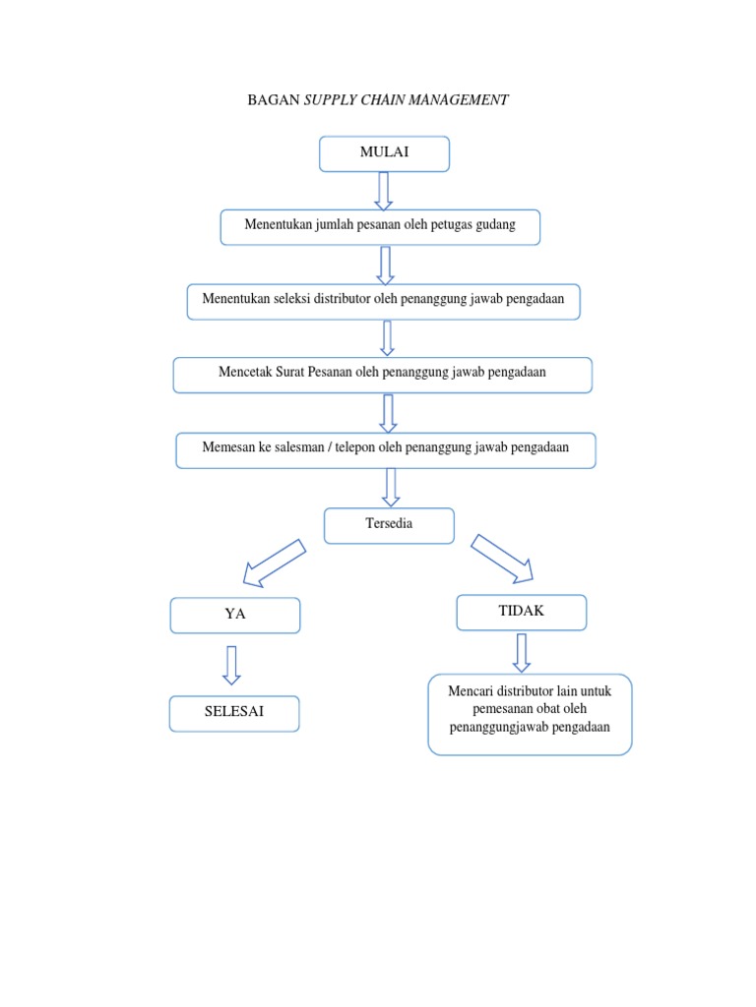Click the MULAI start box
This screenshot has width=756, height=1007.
[x=384, y=153]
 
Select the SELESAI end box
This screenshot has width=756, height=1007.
[x=234, y=713]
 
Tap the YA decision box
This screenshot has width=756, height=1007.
[x=234, y=615]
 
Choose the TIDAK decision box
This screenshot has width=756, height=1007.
[x=521, y=612]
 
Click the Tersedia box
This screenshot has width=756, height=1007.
[x=389, y=525]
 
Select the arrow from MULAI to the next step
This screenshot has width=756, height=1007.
[x=384, y=190]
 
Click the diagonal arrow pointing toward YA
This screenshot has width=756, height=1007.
[x=276, y=562]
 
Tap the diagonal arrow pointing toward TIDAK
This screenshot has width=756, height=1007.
[x=502, y=558]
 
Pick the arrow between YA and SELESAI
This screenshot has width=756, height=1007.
[x=231, y=664]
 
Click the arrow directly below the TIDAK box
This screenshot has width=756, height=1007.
[x=521, y=652]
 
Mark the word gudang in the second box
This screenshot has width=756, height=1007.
[x=493, y=226]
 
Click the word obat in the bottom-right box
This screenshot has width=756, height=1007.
[x=552, y=709]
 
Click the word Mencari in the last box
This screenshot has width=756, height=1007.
[x=470, y=691]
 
